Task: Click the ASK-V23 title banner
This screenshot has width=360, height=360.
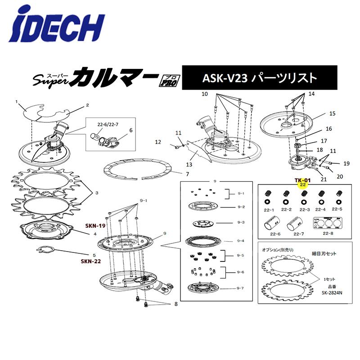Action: [259, 77]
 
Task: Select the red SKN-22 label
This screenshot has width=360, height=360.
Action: [90, 261]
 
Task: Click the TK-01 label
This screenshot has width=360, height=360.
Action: [303, 180]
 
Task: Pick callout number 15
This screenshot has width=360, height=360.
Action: [333, 114]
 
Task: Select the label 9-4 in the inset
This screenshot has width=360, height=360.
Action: [241, 240]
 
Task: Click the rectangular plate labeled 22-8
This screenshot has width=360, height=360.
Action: [326, 223]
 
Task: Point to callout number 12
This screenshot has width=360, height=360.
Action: [158, 142]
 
